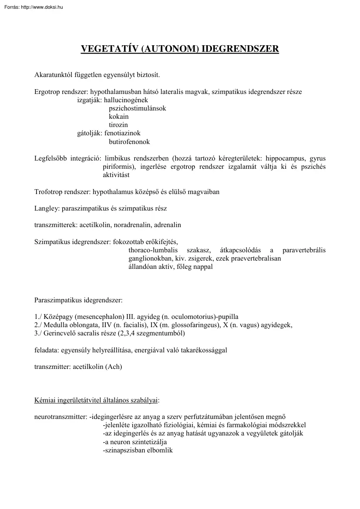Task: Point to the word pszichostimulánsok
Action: [137, 108]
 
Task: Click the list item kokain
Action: [118, 117]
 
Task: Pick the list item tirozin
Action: [118, 125]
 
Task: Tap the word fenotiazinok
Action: [122, 133]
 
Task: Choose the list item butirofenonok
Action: [129, 141]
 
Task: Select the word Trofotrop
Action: [48, 191]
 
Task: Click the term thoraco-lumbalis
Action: [154, 250]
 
